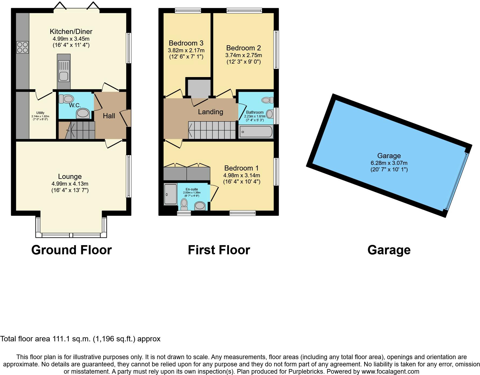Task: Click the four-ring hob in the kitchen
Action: (x=22, y=47)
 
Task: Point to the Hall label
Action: (x=109, y=116)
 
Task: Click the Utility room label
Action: (x=40, y=113)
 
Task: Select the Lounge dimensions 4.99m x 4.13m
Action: (x=70, y=184)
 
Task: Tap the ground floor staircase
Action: (x=81, y=130)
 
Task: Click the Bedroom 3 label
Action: (x=186, y=43)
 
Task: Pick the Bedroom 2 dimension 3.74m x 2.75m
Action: (x=243, y=55)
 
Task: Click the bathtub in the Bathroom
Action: (x=256, y=132)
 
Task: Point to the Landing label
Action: (x=210, y=112)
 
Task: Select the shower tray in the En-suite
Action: (x=170, y=194)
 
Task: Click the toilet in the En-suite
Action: (x=184, y=204)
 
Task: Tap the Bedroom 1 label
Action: (x=241, y=168)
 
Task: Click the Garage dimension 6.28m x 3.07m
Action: (x=389, y=163)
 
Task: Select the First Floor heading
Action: (x=219, y=250)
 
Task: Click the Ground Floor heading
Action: (x=71, y=250)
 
